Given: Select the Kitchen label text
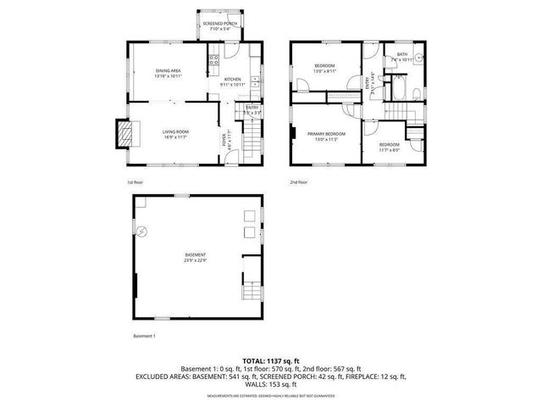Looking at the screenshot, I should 233,81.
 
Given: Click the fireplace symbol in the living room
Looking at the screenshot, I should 126,132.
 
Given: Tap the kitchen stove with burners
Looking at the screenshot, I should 214,60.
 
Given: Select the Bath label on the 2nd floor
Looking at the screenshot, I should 401,57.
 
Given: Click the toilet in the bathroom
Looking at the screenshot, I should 418,92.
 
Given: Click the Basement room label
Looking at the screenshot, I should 196,258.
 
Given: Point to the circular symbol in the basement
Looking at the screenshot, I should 142,231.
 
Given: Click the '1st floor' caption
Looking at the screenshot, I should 135,181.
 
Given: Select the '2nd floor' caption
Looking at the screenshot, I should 298,181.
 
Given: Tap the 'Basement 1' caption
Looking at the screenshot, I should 145,337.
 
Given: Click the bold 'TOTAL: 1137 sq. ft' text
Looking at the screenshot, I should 271,361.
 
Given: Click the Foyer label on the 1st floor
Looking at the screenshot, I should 224,139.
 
